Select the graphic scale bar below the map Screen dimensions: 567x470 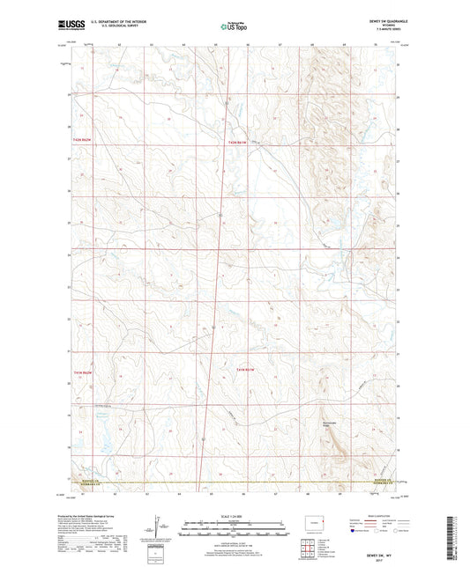233,531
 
